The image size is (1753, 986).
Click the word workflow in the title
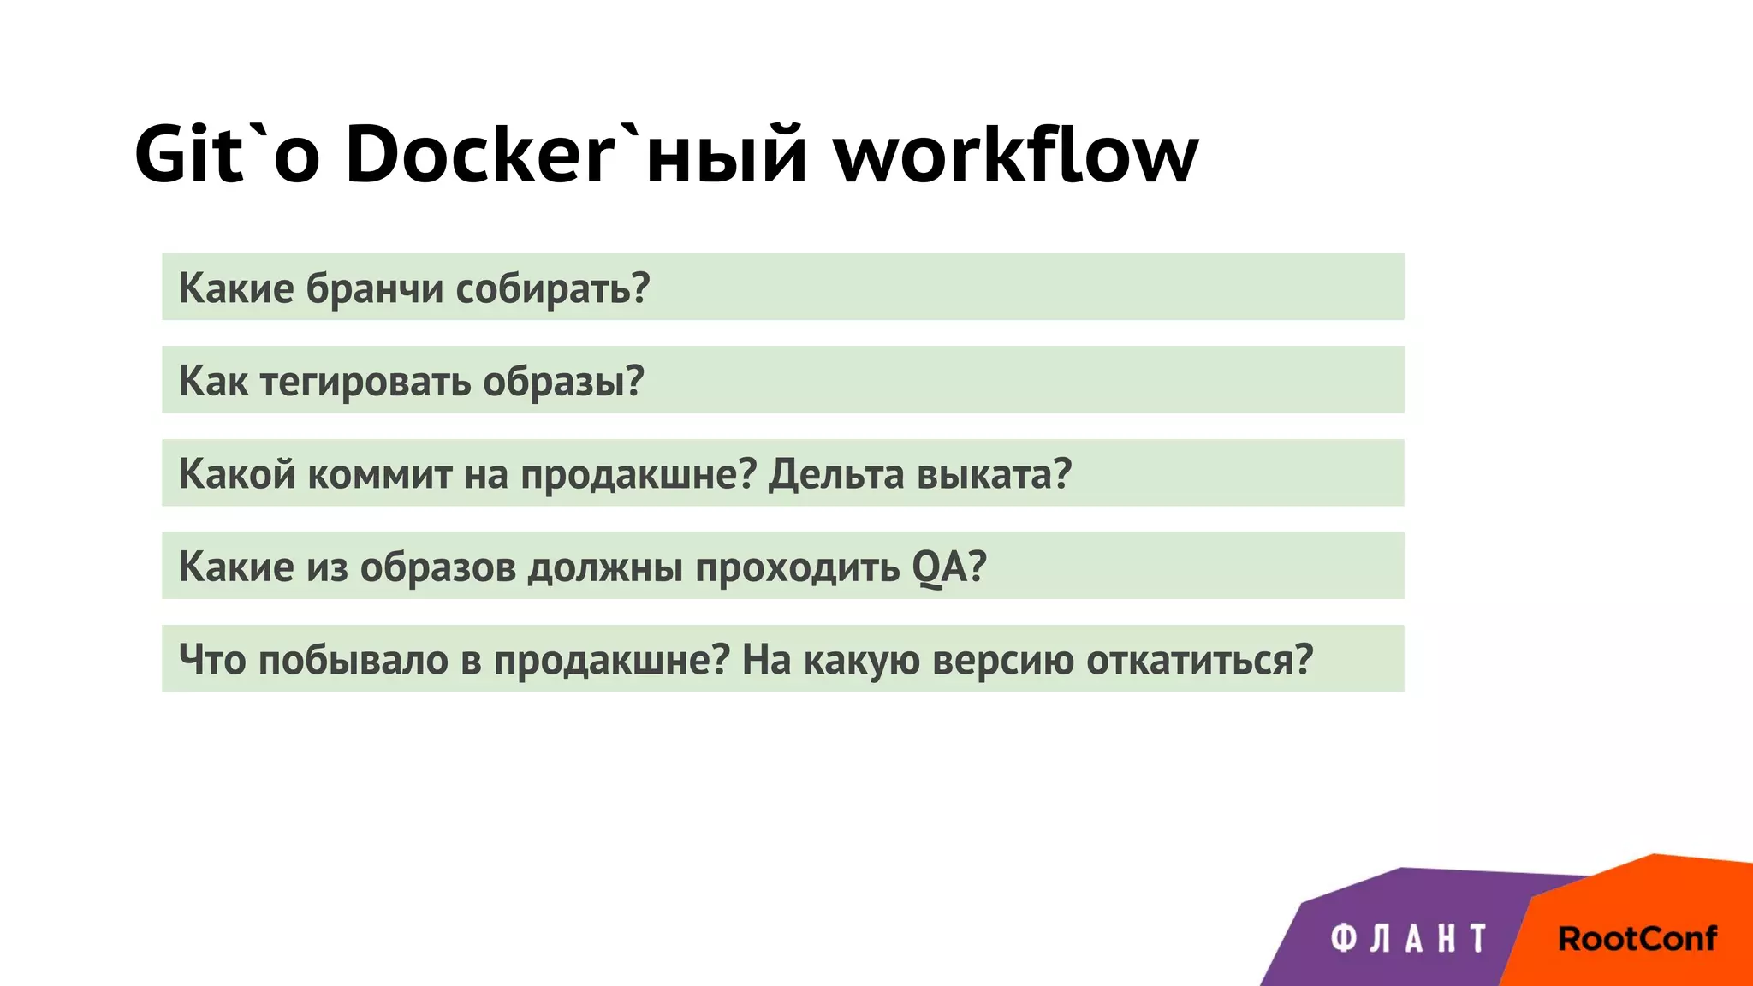click(x=1016, y=154)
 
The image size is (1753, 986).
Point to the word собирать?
click(x=552, y=288)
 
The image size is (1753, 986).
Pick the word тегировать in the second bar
click(x=365, y=382)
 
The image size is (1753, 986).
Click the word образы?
click(x=563, y=382)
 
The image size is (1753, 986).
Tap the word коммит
click(x=379, y=474)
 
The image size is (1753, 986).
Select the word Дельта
click(x=835, y=474)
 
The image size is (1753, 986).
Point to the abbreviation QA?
click(x=949, y=567)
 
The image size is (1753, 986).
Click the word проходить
click(x=797, y=567)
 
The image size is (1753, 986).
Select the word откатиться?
click(x=1199, y=660)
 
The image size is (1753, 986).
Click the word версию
click(x=1002, y=660)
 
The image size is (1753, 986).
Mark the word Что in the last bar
click(x=211, y=660)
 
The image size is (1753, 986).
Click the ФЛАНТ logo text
click(x=1408, y=939)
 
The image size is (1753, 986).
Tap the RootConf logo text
click(x=1637, y=939)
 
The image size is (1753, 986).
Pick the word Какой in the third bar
click(x=237, y=474)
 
